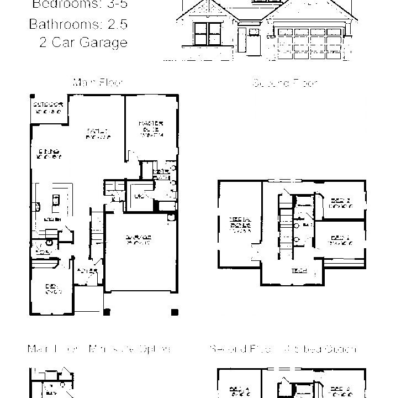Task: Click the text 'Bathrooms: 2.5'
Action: (78, 24)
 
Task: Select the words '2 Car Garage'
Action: (83, 43)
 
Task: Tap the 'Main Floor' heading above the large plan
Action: (97, 82)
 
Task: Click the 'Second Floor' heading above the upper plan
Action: (285, 83)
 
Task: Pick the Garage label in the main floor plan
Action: (139, 239)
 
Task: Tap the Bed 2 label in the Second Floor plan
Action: (340, 202)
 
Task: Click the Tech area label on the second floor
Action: (296, 271)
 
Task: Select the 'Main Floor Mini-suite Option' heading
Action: (99, 349)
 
